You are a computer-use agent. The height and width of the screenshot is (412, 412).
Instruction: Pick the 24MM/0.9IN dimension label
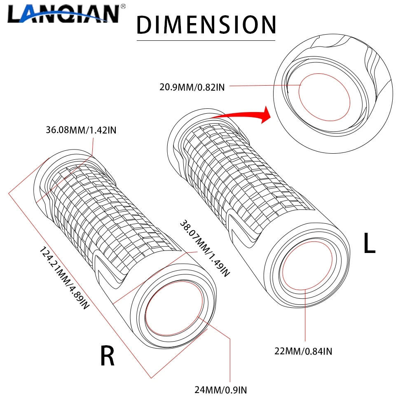click(221, 389)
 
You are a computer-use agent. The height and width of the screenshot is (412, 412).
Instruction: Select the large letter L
click(369, 244)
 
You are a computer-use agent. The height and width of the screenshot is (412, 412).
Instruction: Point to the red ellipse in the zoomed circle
click(324, 97)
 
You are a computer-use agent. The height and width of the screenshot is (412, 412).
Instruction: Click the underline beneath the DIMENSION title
click(206, 40)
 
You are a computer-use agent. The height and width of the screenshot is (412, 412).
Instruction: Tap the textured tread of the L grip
click(243, 169)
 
